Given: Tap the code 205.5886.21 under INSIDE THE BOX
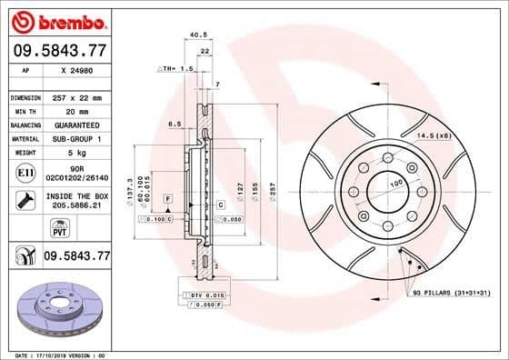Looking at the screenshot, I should tap(76, 206).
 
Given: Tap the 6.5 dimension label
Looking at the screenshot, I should tap(175, 124).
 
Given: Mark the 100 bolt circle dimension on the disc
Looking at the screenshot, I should tap(395, 185).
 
